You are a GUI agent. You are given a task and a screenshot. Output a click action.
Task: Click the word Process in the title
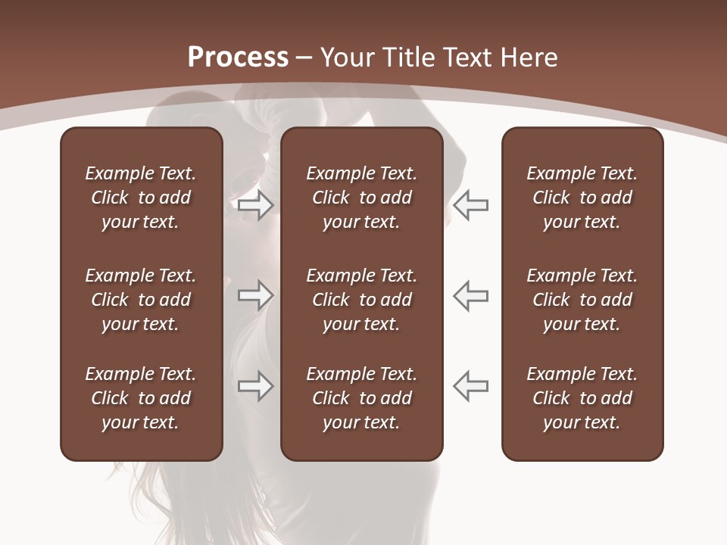coord(238,58)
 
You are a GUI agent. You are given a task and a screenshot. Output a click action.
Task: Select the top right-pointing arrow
coord(255,205)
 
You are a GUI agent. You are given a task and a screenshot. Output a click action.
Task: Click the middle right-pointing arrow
coord(255,295)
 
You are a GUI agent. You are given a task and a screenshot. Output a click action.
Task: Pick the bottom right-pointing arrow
coord(255,386)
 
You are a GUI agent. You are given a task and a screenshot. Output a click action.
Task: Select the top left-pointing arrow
coord(470,205)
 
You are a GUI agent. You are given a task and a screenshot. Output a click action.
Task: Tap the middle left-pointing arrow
coord(470,295)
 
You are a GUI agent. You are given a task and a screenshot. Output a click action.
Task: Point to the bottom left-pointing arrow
coord(470,386)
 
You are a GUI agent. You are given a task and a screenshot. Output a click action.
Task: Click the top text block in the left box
coord(141,198)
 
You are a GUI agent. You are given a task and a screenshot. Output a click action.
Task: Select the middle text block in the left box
coord(141,300)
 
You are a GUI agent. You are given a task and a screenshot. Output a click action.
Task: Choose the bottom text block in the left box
coord(141,398)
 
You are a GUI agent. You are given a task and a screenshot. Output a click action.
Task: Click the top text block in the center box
coord(362,198)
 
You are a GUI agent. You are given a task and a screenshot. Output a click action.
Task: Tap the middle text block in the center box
coord(362,300)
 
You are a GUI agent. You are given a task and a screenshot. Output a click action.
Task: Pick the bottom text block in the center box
coord(362,398)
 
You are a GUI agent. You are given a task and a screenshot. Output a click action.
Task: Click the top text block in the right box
coord(582,198)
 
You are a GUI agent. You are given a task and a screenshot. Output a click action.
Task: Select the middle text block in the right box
coord(582,300)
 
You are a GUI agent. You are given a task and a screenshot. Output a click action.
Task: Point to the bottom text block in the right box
coord(582,398)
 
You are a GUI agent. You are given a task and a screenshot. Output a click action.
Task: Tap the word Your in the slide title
coord(347,58)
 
